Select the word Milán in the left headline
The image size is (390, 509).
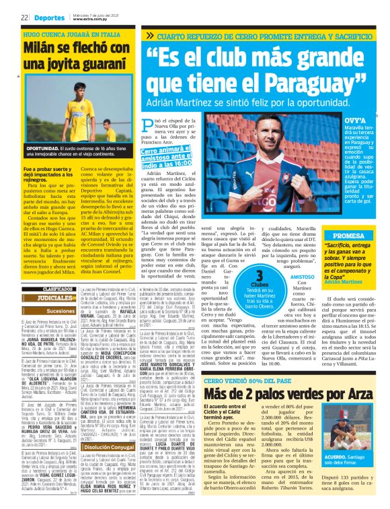pyautogui.click(x=42, y=49)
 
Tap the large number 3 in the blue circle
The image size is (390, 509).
pyautogui.click(x=260, y=275)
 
